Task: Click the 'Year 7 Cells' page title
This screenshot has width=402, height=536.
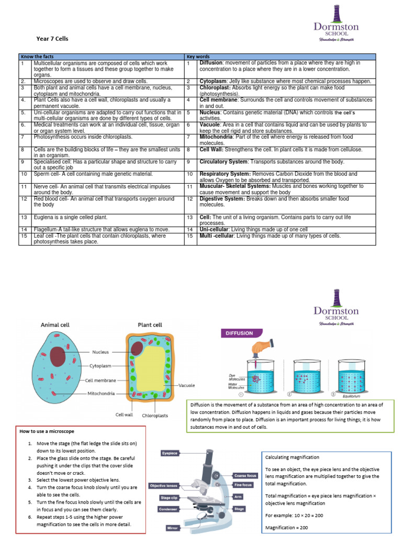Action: click(x=52, y=39)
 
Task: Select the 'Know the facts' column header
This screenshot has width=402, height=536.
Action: click(x=36, y=57)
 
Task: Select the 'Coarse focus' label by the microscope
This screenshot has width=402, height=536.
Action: click(x=245, y=475)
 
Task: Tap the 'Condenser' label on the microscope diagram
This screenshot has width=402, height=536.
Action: click(x=169, y=509)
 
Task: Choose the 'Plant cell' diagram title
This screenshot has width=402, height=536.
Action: click(x=150, y=325)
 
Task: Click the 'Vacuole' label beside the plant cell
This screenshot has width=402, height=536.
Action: click(x=186, y=385)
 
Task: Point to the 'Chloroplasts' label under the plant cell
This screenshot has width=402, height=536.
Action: click(x=155, y=416)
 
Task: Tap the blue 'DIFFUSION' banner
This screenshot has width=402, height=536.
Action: click(x=239, y=333)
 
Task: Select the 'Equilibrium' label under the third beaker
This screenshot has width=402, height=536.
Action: click(x=352, y=396)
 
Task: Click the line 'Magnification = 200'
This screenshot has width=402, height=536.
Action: click(x=286, y=527)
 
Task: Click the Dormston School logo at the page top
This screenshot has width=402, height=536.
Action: click(x=336, y=24)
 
